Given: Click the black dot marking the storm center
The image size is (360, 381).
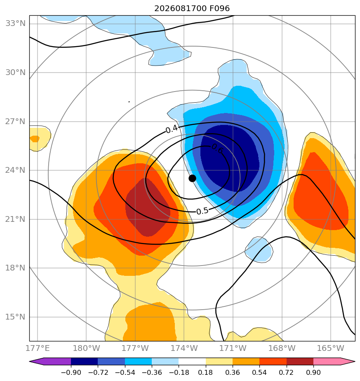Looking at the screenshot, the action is (x=192, y=179).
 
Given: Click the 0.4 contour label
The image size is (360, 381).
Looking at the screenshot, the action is (x=172, y=129).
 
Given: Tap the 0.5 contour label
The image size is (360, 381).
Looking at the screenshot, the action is (x=202, y=211).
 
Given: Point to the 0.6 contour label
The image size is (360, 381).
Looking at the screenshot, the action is (x=217, y=148).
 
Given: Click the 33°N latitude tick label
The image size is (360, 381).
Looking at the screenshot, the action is (x=16, y=24).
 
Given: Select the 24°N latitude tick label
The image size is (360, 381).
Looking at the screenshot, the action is (x=16, y=170).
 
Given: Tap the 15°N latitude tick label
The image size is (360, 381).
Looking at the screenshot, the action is (x=16, y=317).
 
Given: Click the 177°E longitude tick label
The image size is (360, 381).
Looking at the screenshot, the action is (x=38, y=348).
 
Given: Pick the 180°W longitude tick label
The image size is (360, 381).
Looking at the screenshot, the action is (x=87, y=348).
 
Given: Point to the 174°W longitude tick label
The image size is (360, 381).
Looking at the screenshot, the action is (x=184, y=348).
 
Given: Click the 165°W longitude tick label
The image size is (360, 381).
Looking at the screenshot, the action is (x=331, y=348).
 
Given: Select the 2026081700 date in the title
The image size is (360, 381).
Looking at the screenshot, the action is (x=177, y=9).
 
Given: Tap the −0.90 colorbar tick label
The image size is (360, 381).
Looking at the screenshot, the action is (x=71, y=372).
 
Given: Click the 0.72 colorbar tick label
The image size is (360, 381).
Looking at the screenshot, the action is (x=287, y=372).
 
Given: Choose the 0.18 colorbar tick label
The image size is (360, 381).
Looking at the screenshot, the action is (x=206, y=372).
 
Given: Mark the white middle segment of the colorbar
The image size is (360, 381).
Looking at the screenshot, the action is (x=192, y=361).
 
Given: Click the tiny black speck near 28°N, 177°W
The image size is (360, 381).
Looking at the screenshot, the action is (x=129, y=102).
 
